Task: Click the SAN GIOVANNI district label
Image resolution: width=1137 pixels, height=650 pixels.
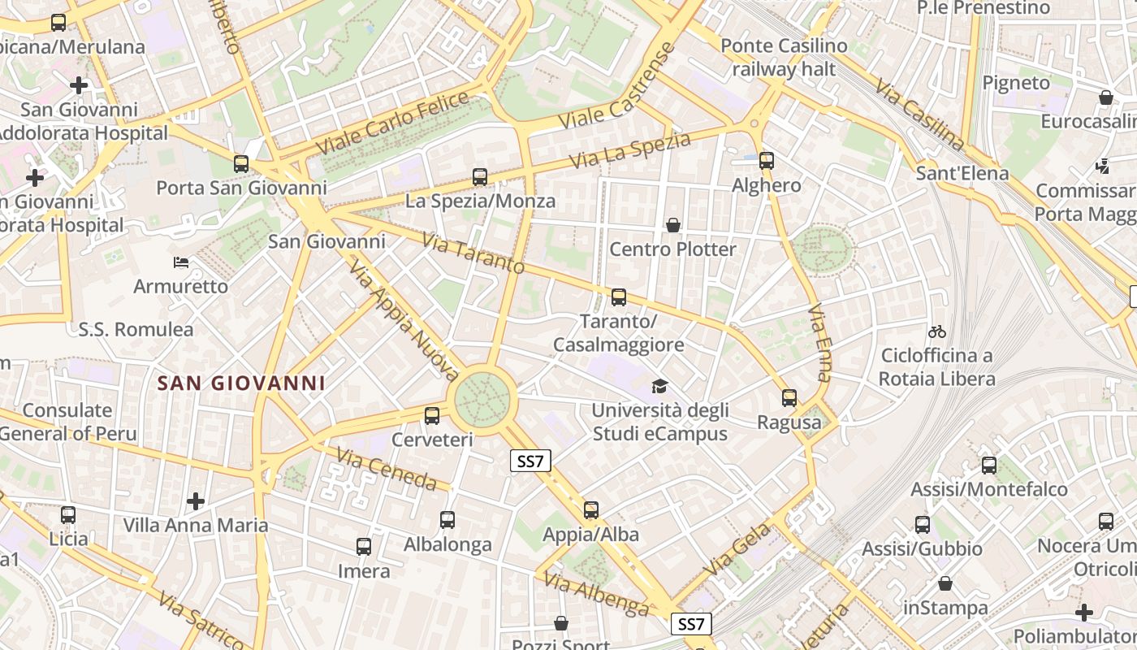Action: (x=241, y=383)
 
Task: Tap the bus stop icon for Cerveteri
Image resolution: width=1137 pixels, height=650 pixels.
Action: (x=432, y=416)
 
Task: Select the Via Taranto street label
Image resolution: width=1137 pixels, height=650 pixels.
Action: (x=474, y=253)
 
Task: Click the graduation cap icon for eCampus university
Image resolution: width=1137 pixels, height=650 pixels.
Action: (x=659, y=386)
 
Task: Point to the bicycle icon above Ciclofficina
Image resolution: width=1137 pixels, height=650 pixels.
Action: (x=937, y=331)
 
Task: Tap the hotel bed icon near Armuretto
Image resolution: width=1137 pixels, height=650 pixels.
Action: (x=181, y=262)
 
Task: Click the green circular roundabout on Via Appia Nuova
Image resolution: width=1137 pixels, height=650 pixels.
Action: (x=482, y=398)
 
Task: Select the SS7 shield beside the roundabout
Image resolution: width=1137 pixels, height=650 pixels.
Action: (x=531, y=461)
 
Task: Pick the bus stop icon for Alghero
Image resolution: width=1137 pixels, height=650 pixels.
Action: (x=767, y=161)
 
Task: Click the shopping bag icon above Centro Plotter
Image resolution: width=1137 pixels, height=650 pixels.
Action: (x=673, y=225)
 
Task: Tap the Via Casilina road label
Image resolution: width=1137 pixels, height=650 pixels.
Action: (x=920, y=115)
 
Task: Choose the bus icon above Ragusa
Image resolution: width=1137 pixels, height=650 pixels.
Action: (x=789, y=398)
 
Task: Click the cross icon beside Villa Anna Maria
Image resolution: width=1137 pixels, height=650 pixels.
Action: (x=196, y=500)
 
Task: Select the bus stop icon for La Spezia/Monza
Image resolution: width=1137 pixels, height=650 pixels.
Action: (x=480, y=176)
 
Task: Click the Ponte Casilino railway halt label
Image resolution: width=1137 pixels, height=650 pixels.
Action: (x=783, y=58)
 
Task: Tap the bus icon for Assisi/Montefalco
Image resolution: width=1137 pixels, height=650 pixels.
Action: (x=989, y=466)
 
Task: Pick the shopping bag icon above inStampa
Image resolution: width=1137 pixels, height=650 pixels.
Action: (x=945, y=583)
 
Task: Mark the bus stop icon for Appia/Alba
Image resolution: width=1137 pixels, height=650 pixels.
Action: (x=591, y=510)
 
